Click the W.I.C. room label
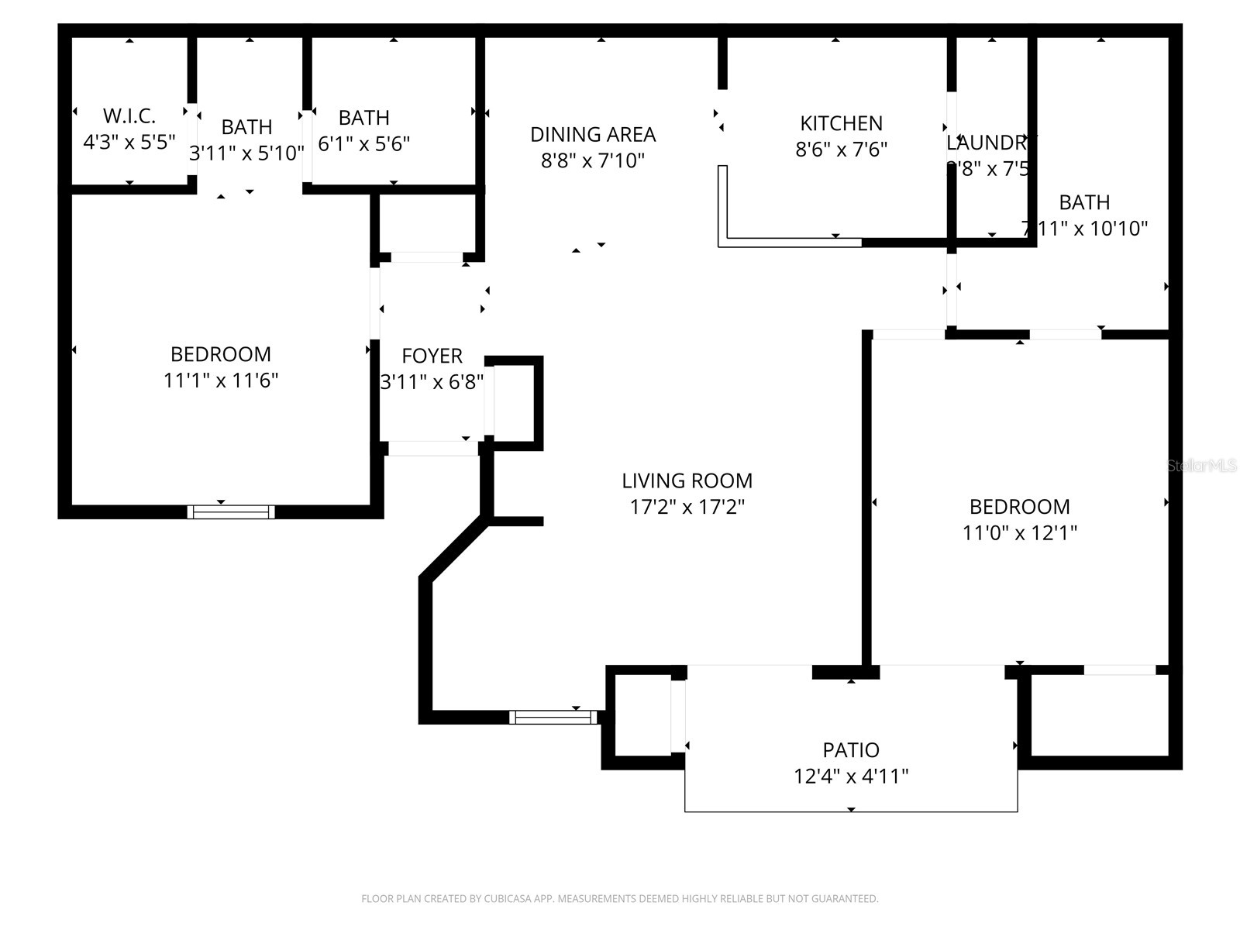click(129, 116)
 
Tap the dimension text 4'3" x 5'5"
click(129, 143)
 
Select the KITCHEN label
click(841, 123)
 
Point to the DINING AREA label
click(593, 135)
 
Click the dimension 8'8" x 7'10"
click(593, 160)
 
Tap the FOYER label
click(432, 356)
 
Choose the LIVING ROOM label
click(687, 480)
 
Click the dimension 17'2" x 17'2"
click(687, 507)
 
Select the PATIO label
click(851, 750)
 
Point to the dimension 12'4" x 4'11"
click(851, 776)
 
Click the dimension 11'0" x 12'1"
click(1019, 533)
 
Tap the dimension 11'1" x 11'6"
click(221, 381)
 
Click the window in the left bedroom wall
click(231, 511)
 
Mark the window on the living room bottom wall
click(553, 718)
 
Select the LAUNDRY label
click(988, 143)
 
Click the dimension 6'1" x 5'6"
click(363, 143)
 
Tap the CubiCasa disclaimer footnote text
click(619, 899)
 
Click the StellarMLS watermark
click(1202, 466)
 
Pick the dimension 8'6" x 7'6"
click(841, 149)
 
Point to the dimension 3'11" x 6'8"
click(432, 382)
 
